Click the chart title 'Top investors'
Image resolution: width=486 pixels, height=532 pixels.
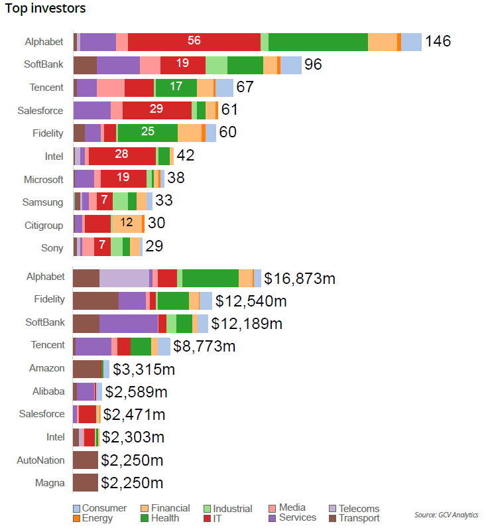pos(46,9)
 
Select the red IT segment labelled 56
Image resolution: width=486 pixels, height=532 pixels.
pos(194,41)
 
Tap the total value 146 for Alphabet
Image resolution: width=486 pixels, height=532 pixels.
pos(438,41)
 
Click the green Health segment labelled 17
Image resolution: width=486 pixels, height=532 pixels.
pos(176,88)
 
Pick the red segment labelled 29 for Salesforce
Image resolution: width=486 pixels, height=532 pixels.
pos(157,110)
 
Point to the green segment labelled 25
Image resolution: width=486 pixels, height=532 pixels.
pos(148,133)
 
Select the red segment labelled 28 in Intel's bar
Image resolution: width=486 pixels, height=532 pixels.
pos(122,156)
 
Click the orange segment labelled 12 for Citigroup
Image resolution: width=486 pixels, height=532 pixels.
pos(126,224)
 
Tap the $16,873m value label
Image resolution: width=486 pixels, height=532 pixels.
pos(300,278)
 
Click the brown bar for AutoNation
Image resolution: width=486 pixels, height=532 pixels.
pos(86,460)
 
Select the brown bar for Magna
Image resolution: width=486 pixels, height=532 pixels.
pos(86,482)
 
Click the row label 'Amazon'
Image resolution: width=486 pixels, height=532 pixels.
pos(47,368)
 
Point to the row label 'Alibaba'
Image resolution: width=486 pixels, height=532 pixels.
pos(48,391)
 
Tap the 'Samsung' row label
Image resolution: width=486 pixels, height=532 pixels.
pos(43,202)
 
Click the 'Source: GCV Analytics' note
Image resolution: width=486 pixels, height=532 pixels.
pos(446,515)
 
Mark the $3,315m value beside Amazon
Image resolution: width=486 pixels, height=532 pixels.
pos(144,369)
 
